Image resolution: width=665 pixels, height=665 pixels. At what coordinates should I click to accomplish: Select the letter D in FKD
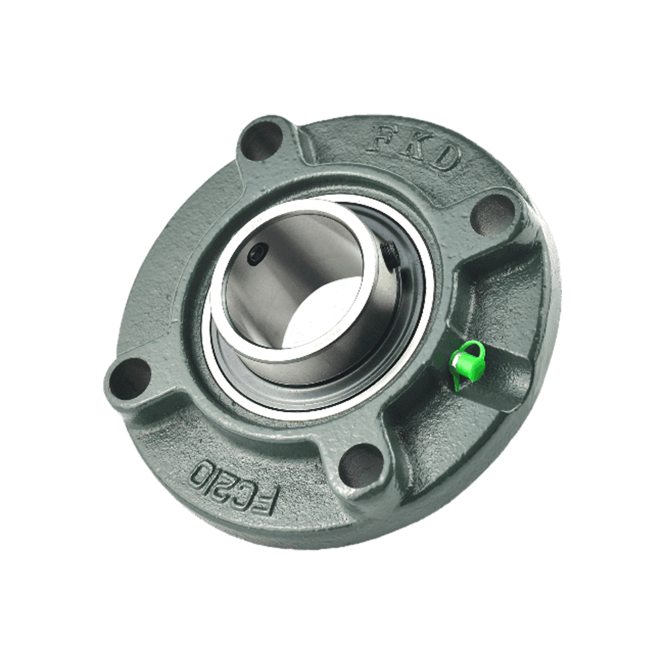coord(445,158)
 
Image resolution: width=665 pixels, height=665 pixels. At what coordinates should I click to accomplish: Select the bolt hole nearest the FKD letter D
coord(493,215)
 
